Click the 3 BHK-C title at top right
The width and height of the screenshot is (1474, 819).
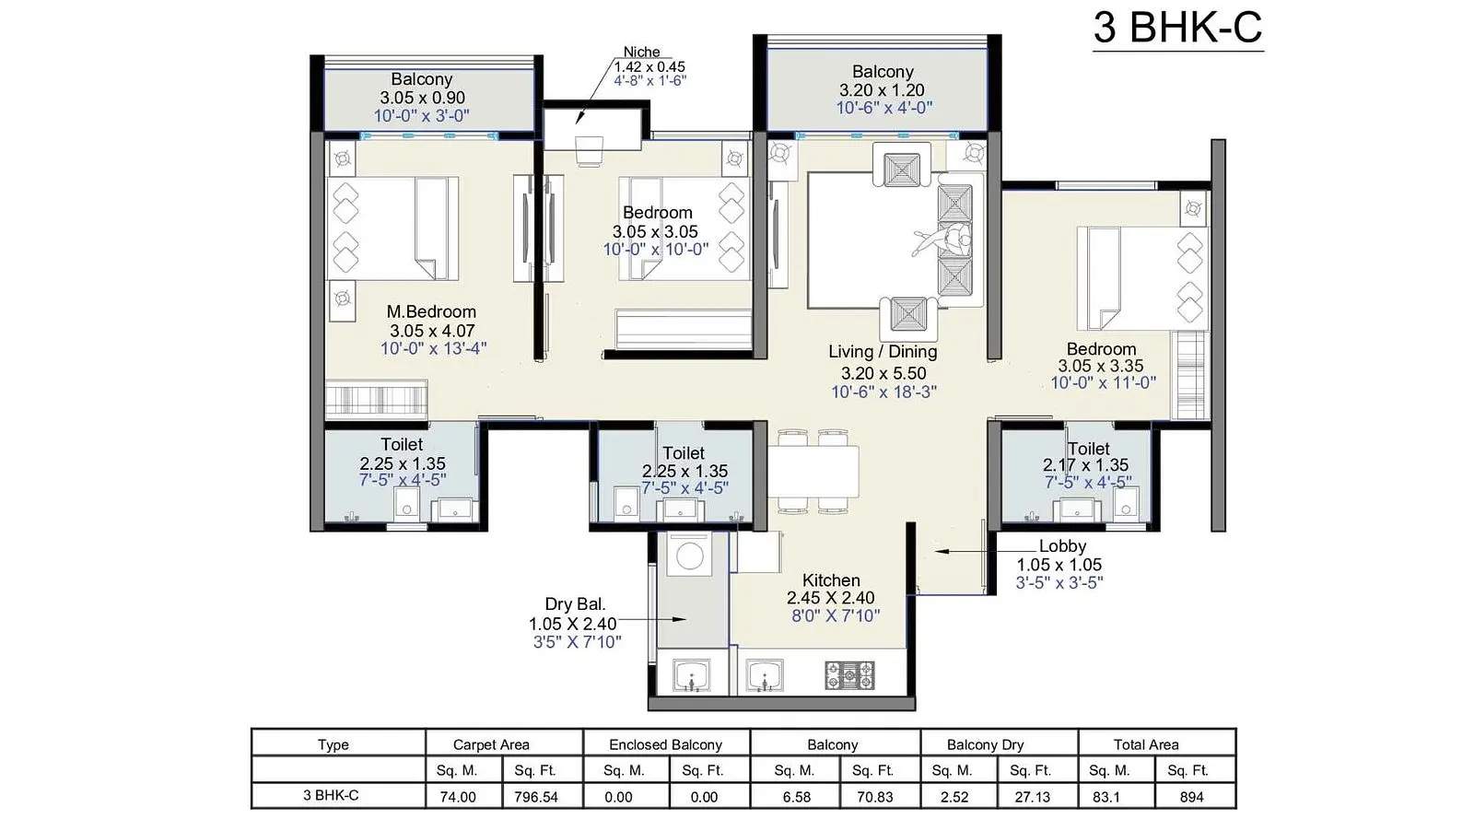(x=1178, y=28)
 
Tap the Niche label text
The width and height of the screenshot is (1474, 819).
(x=641, y=52)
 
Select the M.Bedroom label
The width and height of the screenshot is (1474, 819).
(x=431, y=311)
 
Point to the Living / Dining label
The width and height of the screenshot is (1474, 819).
(x=883, y=352)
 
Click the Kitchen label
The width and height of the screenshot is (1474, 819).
(x=831, y=580)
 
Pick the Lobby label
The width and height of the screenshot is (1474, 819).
(x=1062, y=546)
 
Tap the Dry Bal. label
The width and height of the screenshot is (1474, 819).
(x=575, y=604)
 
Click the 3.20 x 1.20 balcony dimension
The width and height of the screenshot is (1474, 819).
(x=882, y=90)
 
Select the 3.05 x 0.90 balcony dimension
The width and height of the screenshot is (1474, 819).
(x=423, y=98)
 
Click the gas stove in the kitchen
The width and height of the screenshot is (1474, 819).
(x=849, y=675)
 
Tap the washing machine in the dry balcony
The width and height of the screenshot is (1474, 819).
(x=689, y=555)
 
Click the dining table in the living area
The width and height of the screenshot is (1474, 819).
(x=813, y=471)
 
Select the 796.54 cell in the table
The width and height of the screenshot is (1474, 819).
(x=536, y=797)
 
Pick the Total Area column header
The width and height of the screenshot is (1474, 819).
(x=1146, y=744)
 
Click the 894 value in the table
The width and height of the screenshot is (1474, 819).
(x=1192, y=797)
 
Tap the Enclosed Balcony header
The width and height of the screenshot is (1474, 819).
(x=665, y=744)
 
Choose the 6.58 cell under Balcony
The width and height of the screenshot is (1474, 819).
(x=796, y=797)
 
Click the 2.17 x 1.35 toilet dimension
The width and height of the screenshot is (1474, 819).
(x=1086, y=465)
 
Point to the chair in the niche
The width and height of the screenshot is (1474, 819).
(x=589, y=151)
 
